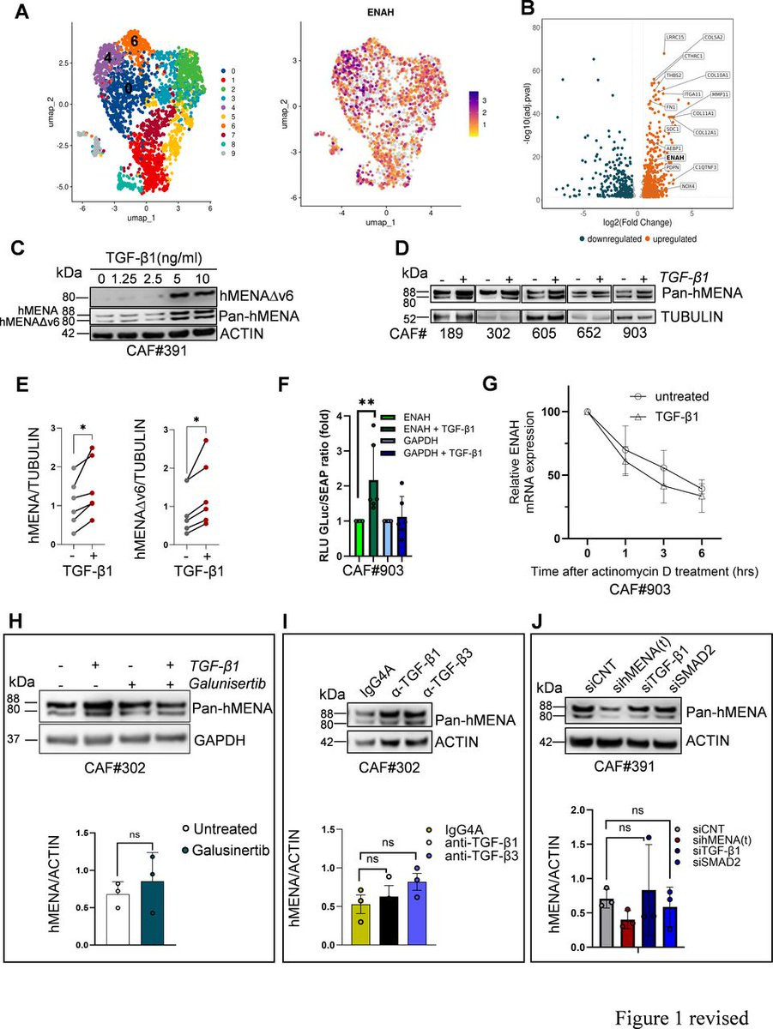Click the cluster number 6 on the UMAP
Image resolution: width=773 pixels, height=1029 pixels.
[x=134, y=39]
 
